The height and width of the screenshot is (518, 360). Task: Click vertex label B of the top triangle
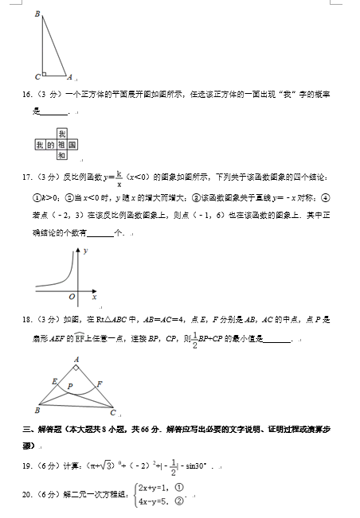[37, 14]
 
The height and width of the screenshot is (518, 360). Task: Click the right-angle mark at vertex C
[45, 74]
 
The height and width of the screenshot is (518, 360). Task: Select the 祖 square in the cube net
[61, 146]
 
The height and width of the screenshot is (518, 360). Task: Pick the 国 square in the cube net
[72, 146]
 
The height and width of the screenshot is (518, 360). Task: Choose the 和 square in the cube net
[61, 157]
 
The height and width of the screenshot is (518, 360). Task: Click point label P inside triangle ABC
[70, 386]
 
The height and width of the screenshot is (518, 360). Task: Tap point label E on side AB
[53, 381]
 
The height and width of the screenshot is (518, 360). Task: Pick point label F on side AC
[99, 384]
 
